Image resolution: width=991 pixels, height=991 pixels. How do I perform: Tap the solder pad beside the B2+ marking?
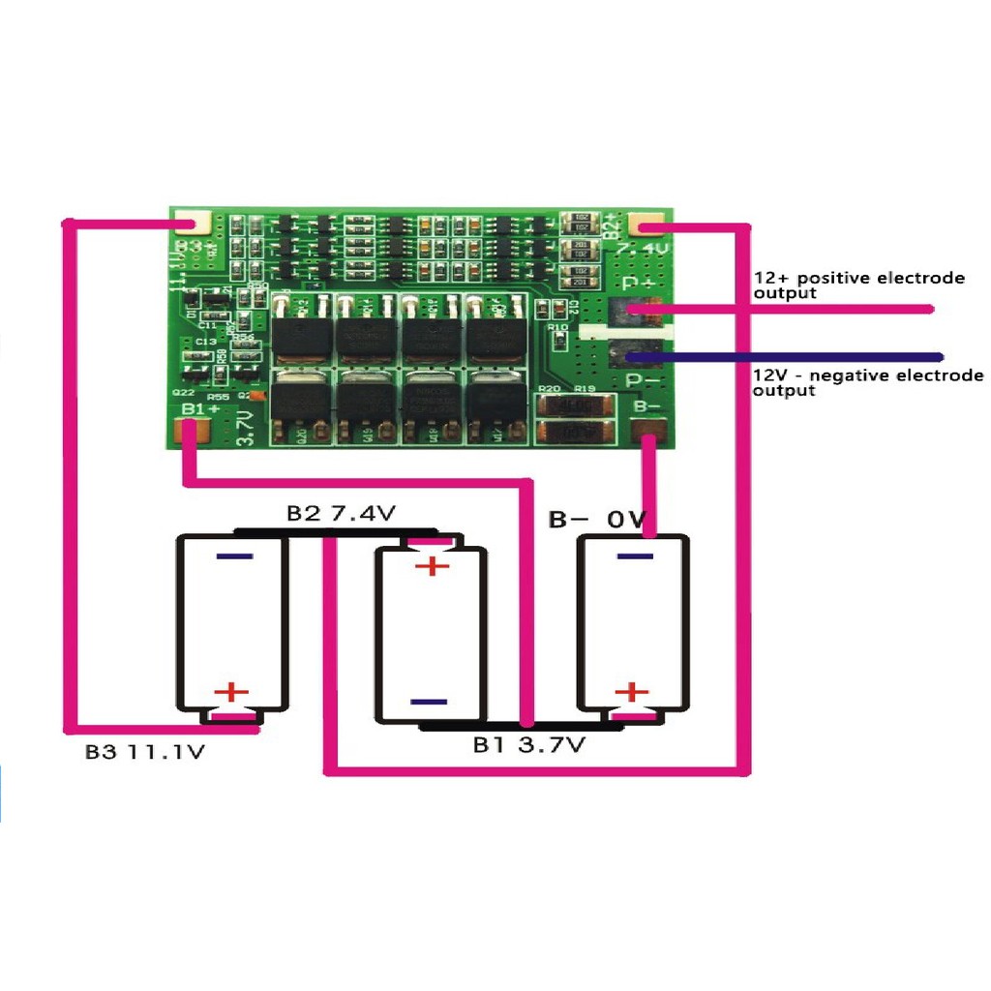pyautogui.click(x=646, y=226)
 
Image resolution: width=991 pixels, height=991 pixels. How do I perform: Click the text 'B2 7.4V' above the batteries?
pyautogui.click(x=341, y=513)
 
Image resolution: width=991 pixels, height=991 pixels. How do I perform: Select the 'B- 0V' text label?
pyautogui.click(x=597, y=520)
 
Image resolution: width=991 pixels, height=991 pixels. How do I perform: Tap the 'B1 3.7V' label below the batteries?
pyautogui.click(x=528, y=745)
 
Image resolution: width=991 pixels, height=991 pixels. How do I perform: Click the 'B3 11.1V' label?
pyautogui.click(x=144, y=752)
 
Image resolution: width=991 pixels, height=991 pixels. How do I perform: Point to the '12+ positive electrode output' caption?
pyautogui.click(x=858, y=285)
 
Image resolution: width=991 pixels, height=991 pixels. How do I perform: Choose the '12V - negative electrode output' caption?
pyautogui.click(x=867, y=382)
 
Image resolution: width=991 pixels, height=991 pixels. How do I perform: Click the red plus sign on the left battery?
pyautogui.click(x=231, y=692)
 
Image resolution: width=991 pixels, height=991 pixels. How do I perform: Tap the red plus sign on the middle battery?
pyautogui.click(x=432, y=565)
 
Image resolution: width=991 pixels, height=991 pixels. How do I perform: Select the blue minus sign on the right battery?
pyautogui.click(x=634, y=556)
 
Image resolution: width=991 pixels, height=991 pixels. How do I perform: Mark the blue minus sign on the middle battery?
pyautogui.click(x=428, y=702)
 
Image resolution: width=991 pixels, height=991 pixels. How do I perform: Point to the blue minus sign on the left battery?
pyautogui.click(x=235, y=556)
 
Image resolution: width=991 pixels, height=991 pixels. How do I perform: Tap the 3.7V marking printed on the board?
pyautogui.click(x=244, y=427)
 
